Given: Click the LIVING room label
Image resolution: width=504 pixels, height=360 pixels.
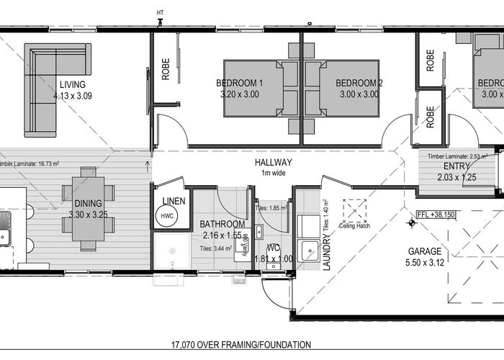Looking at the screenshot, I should pyautogui.click(x=73, y=84).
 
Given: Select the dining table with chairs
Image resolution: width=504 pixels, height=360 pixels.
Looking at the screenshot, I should pyautogui.click(x=88, y=209).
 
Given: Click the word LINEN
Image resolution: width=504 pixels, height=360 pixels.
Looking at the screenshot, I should pyautogui.click(x=174, y=200).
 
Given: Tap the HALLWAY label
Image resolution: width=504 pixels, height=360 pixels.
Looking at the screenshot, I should pyautogui.click(x=273, y=163).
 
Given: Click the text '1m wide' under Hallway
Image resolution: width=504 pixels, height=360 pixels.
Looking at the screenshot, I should pyautogui.click(x=273, y=173).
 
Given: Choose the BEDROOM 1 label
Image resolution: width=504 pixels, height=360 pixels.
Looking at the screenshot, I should pyautogui.click(x=240, y=84).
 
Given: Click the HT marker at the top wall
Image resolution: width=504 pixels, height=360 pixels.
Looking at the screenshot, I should pyautogui.click(x=160, y=12).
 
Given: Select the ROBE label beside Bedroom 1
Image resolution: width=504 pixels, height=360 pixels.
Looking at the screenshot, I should pyautogui.click(x=165, y=69).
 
